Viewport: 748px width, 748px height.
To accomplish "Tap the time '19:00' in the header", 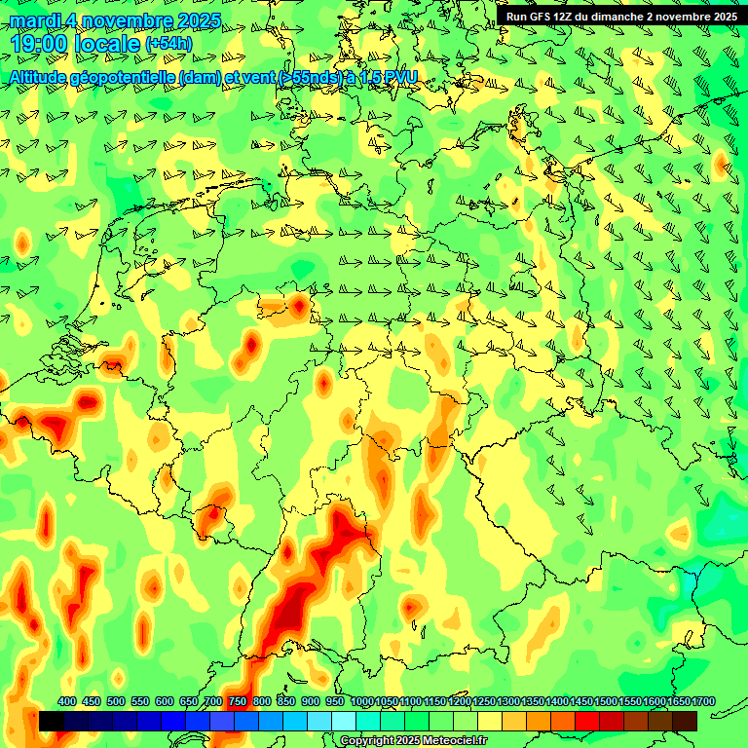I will (x=41, y=44).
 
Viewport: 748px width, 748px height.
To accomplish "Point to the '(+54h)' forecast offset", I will (x=168, y=44).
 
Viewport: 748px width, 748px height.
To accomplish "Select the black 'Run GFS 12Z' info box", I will (x=620, y=16).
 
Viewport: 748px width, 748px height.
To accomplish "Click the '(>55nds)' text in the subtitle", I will (x=304, y=77).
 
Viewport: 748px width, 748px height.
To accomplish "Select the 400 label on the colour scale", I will (x=66, y=701).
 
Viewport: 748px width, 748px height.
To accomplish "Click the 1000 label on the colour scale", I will (x=362, y=701).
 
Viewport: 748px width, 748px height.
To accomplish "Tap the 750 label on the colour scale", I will (x=238, y=701).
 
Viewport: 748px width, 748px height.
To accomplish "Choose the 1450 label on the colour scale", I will (x=582, y=701).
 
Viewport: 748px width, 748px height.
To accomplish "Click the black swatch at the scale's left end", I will (x=52, y=722).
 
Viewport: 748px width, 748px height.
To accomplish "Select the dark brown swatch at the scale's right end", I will (x=685, y=722).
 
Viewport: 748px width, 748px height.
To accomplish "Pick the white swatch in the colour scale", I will (x=344, y=722).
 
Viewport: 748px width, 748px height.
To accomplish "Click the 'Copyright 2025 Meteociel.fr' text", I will (x=413, y=740).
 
